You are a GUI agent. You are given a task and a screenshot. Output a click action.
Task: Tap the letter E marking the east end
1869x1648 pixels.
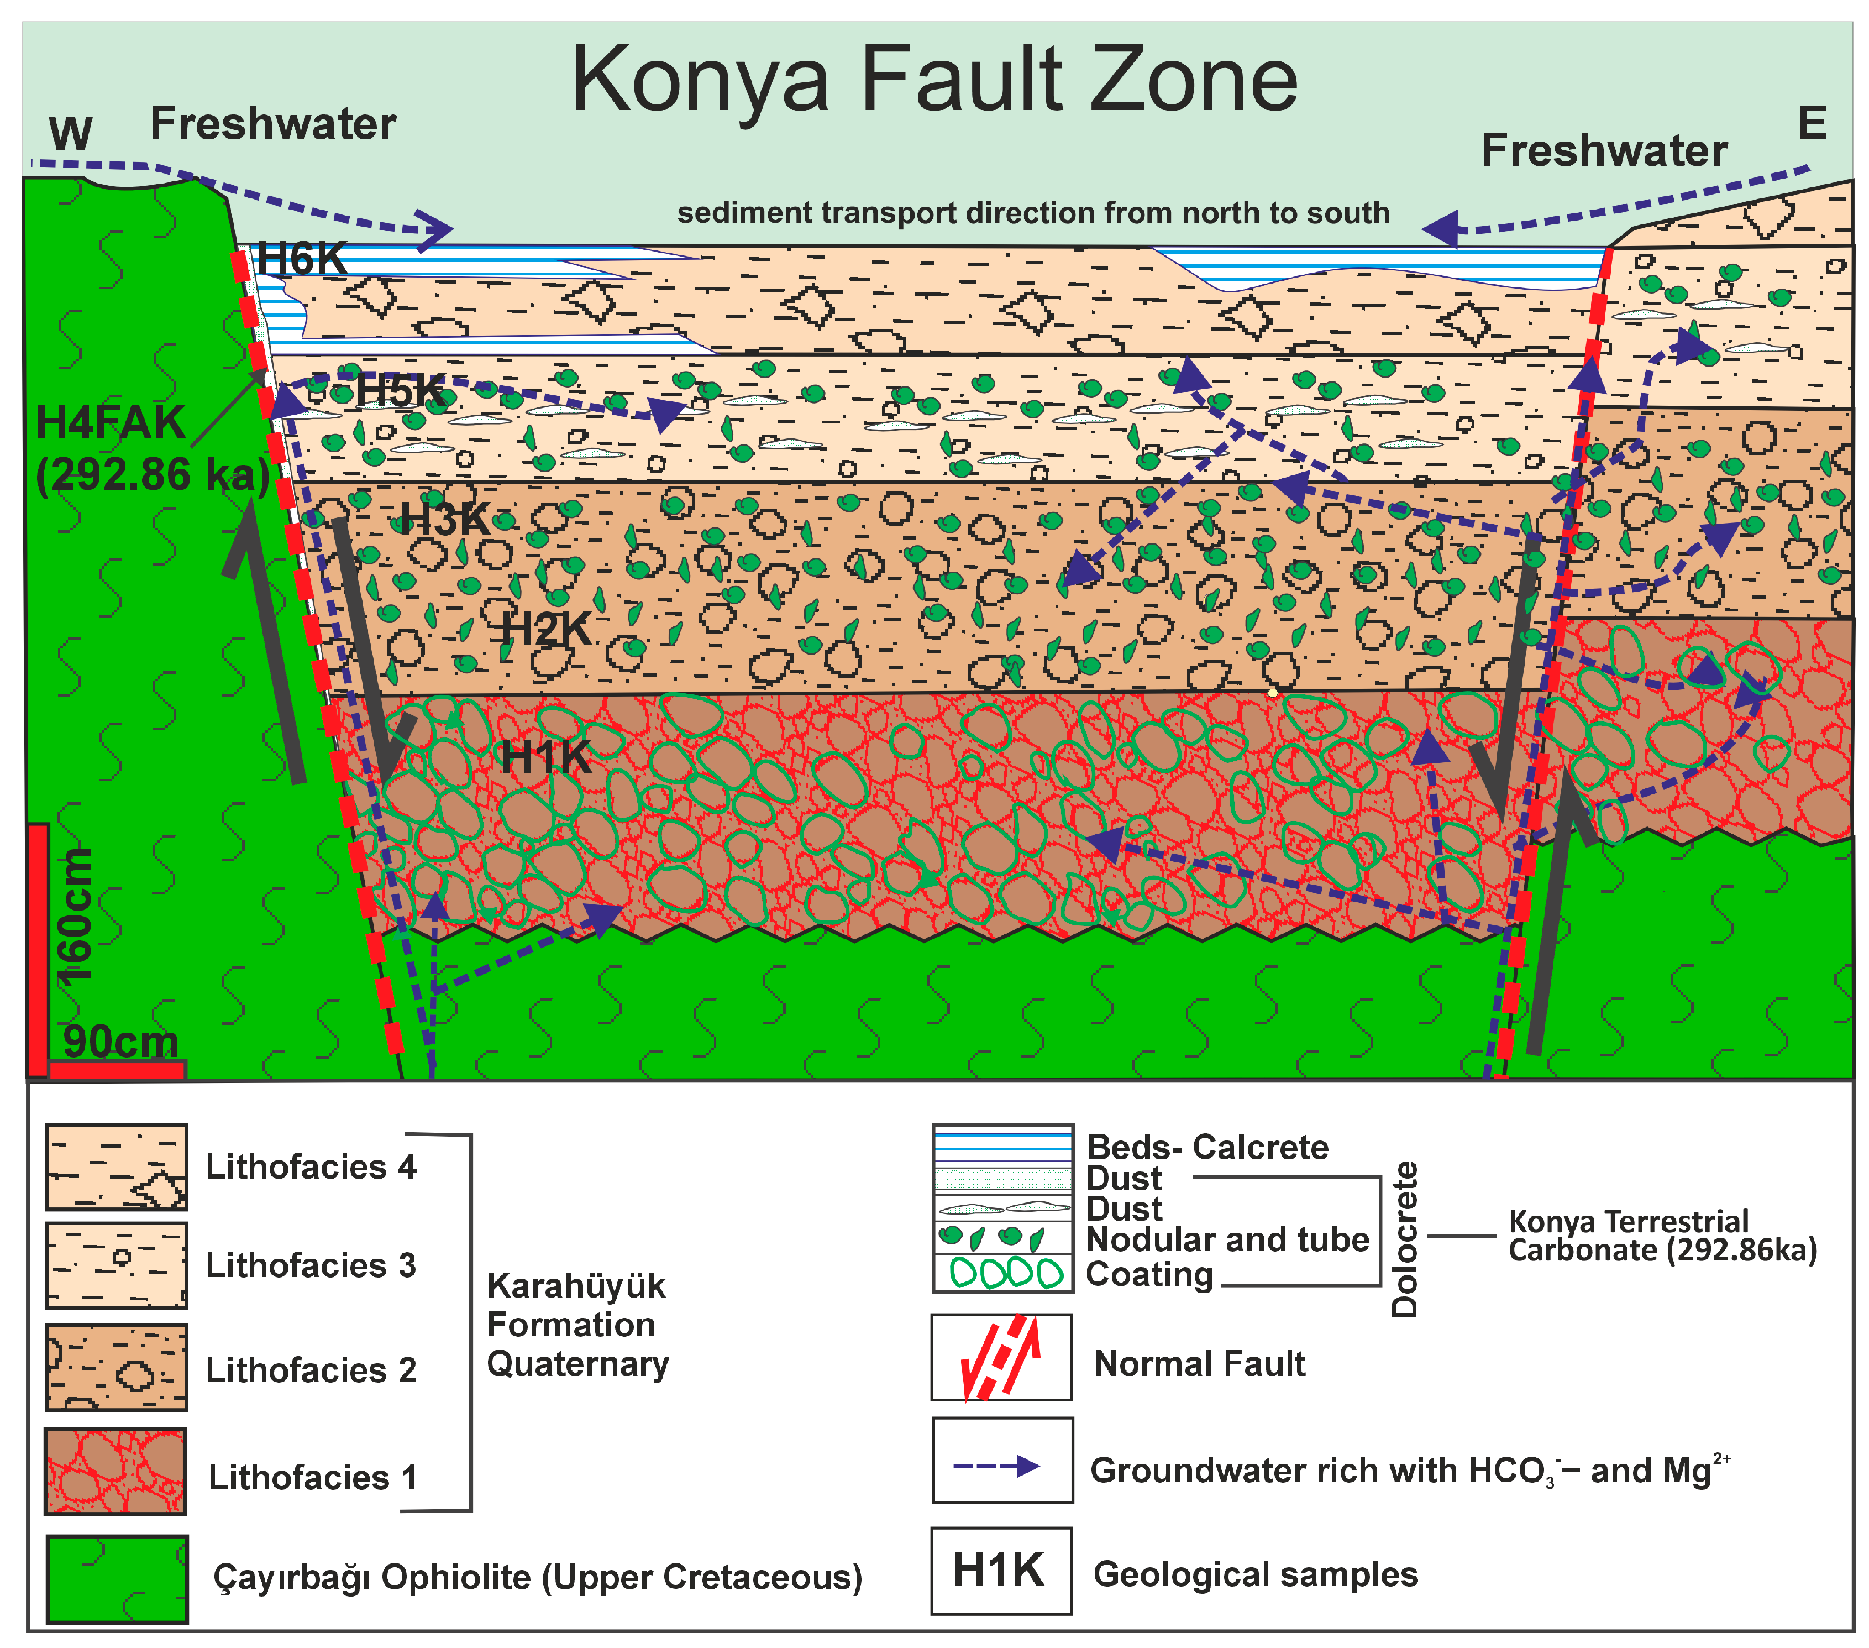[x=1812, y=123]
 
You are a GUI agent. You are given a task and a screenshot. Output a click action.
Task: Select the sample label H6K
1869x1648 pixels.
[x=302, y=259]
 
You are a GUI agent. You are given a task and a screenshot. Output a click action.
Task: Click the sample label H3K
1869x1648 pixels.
[x=446, y=520]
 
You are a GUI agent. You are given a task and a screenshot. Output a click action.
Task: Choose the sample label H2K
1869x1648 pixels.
[x=547, y=629]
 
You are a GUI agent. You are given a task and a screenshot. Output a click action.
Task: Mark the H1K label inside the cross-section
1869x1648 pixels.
[x=547, y=757]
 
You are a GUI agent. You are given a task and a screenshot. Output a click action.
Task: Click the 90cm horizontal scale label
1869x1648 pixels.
[x=120, y=1042]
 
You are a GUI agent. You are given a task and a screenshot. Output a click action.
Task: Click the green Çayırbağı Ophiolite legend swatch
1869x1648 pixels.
[x=117, y=1579]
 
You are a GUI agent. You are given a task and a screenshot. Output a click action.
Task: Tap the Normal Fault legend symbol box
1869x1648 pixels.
[x=1001, y=1357]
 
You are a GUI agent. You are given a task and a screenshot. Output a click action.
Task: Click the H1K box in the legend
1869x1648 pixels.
[x=1001, y=1570]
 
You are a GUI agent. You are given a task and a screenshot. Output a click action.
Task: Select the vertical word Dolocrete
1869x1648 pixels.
[x=1404, y=1239]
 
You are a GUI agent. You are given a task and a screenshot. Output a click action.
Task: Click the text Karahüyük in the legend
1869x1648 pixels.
[x=576, y=1286]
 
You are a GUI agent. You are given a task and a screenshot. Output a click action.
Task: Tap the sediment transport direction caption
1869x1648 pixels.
[x=1033, y=213]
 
